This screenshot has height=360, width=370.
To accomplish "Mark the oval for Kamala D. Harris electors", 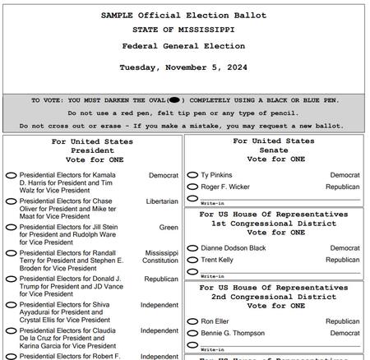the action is [x=12, y=176].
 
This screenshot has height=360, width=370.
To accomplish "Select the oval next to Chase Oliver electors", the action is [x=12, y=201].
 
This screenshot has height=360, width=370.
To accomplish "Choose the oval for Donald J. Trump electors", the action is [x=12, y=279].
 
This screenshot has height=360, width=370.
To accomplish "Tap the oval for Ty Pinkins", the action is [x=192, y=176].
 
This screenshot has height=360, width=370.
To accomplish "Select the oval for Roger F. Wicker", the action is [x=192, y=187].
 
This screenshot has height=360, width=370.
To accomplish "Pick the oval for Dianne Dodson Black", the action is [x=192, y=248].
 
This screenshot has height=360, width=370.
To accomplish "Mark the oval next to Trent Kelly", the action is [x=192, y=260].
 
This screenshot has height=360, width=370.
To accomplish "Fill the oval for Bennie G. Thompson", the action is [x=192, y=334].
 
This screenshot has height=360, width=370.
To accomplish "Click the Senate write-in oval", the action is [x=192, y=199].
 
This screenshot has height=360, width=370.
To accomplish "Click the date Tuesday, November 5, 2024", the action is [x=183, y=67].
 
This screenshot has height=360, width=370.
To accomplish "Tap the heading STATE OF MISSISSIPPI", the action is [x=183, y=30].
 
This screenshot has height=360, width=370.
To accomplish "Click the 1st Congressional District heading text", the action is [x=274, y=224].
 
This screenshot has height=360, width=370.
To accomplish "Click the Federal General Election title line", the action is [x=183, y=46].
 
